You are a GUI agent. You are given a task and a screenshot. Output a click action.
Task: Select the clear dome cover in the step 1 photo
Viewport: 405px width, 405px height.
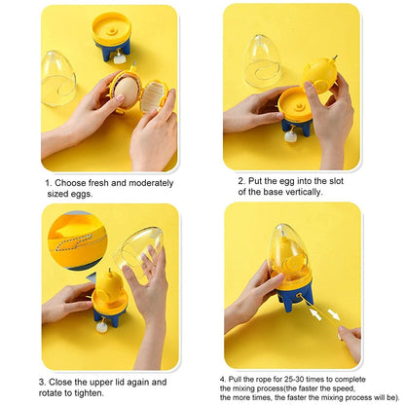(58, 78)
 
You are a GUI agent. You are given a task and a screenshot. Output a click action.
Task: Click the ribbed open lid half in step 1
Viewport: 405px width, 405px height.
(154, 95)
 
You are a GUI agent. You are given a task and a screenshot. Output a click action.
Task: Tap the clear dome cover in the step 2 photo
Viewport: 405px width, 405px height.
(262, 60)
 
